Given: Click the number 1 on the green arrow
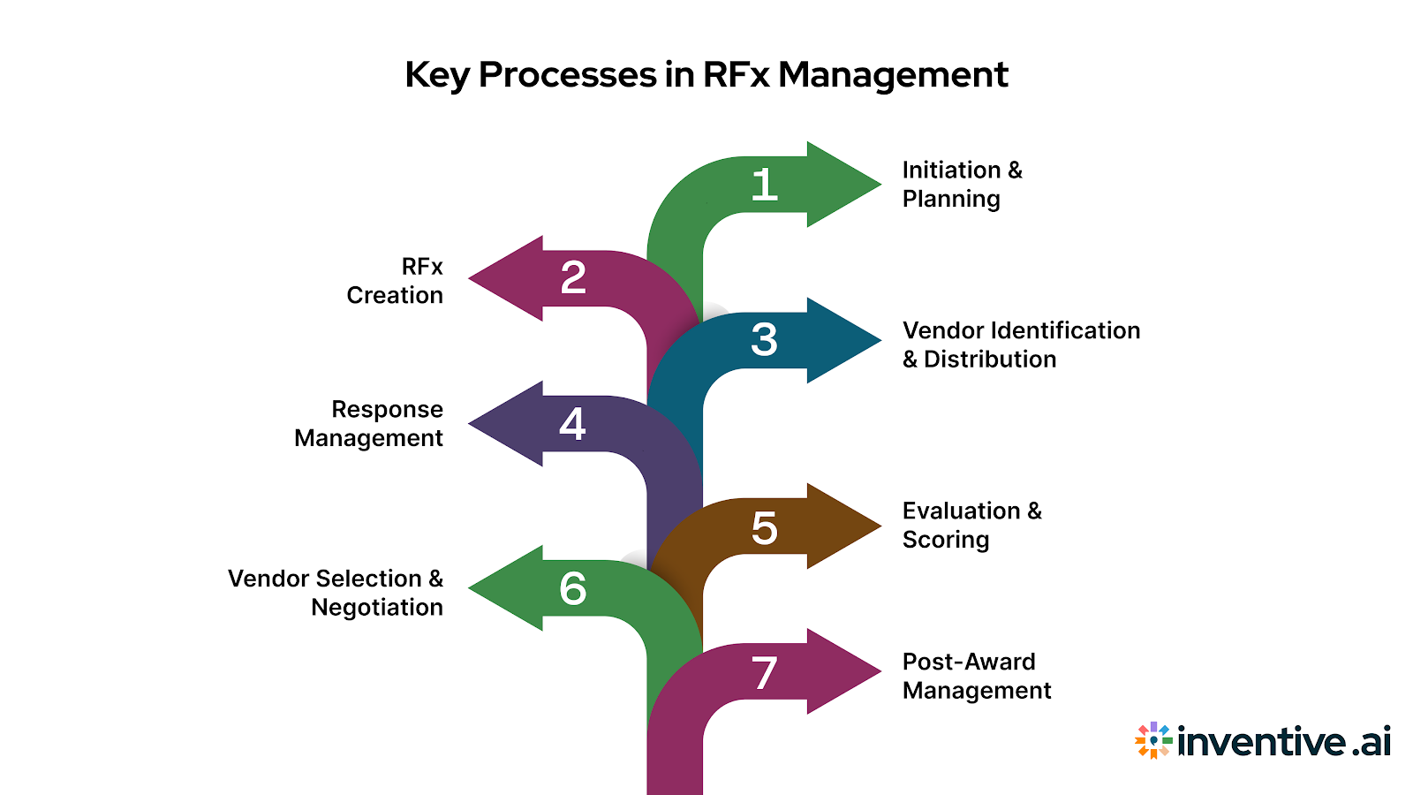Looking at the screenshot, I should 765,185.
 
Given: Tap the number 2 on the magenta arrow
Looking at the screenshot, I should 573,278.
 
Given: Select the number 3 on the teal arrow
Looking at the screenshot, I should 765,340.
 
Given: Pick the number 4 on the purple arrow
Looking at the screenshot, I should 572,424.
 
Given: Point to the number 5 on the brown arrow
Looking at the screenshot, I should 765,528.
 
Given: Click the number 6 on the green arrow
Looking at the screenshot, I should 572,588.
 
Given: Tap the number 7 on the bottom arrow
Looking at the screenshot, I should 765,673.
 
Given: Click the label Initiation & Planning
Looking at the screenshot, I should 961,184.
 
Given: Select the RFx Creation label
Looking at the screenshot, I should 396,281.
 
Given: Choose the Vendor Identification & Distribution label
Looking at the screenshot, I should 1020,344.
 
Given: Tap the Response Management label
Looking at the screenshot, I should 369,424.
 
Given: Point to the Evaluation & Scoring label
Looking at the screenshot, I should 971,525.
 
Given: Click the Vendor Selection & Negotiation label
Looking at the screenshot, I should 336,593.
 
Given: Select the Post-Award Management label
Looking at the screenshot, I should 976,676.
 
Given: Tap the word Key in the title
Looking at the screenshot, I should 437,76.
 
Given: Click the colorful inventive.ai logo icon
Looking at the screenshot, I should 1153,740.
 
